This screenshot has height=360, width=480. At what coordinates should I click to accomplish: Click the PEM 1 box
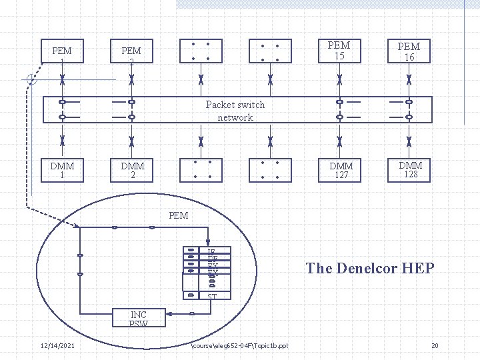pyautogui.click(x=62, y=55)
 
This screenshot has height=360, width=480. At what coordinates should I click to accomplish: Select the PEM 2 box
pyautogui.click(x=131, y=55)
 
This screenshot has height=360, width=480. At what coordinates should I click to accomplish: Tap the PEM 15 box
pyautogui.click(x=339, y=51)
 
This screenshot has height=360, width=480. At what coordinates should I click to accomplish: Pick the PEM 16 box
pyautogui.click(x=409, y=51)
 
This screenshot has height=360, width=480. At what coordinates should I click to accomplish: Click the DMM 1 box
pyautogui.click(x=62, y=170)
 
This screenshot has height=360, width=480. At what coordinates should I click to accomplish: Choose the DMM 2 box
pyautogui.click(x=131, y=170)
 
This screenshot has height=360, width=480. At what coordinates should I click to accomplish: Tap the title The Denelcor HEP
pyautogui.click(x=370, y=269)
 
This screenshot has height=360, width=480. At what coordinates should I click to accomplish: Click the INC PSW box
pyautogui.click(x=139, y=319)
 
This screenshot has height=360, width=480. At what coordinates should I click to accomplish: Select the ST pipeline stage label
pyautogui.click(x=212, y=296)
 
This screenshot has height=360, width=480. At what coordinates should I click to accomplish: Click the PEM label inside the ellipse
pyautogui.click(x=179, y=215)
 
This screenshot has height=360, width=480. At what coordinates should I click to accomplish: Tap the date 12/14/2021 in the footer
pyautogui.click(x=57, y=345)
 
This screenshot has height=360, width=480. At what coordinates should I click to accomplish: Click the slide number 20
pyautogui.click(x=435, y=345)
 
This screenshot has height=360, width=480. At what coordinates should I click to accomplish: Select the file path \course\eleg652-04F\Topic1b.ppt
pyautogui.click(x=239, y=345)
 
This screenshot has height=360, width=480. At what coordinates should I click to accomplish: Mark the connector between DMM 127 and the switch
pyautogui.click(x=340, y=141)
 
